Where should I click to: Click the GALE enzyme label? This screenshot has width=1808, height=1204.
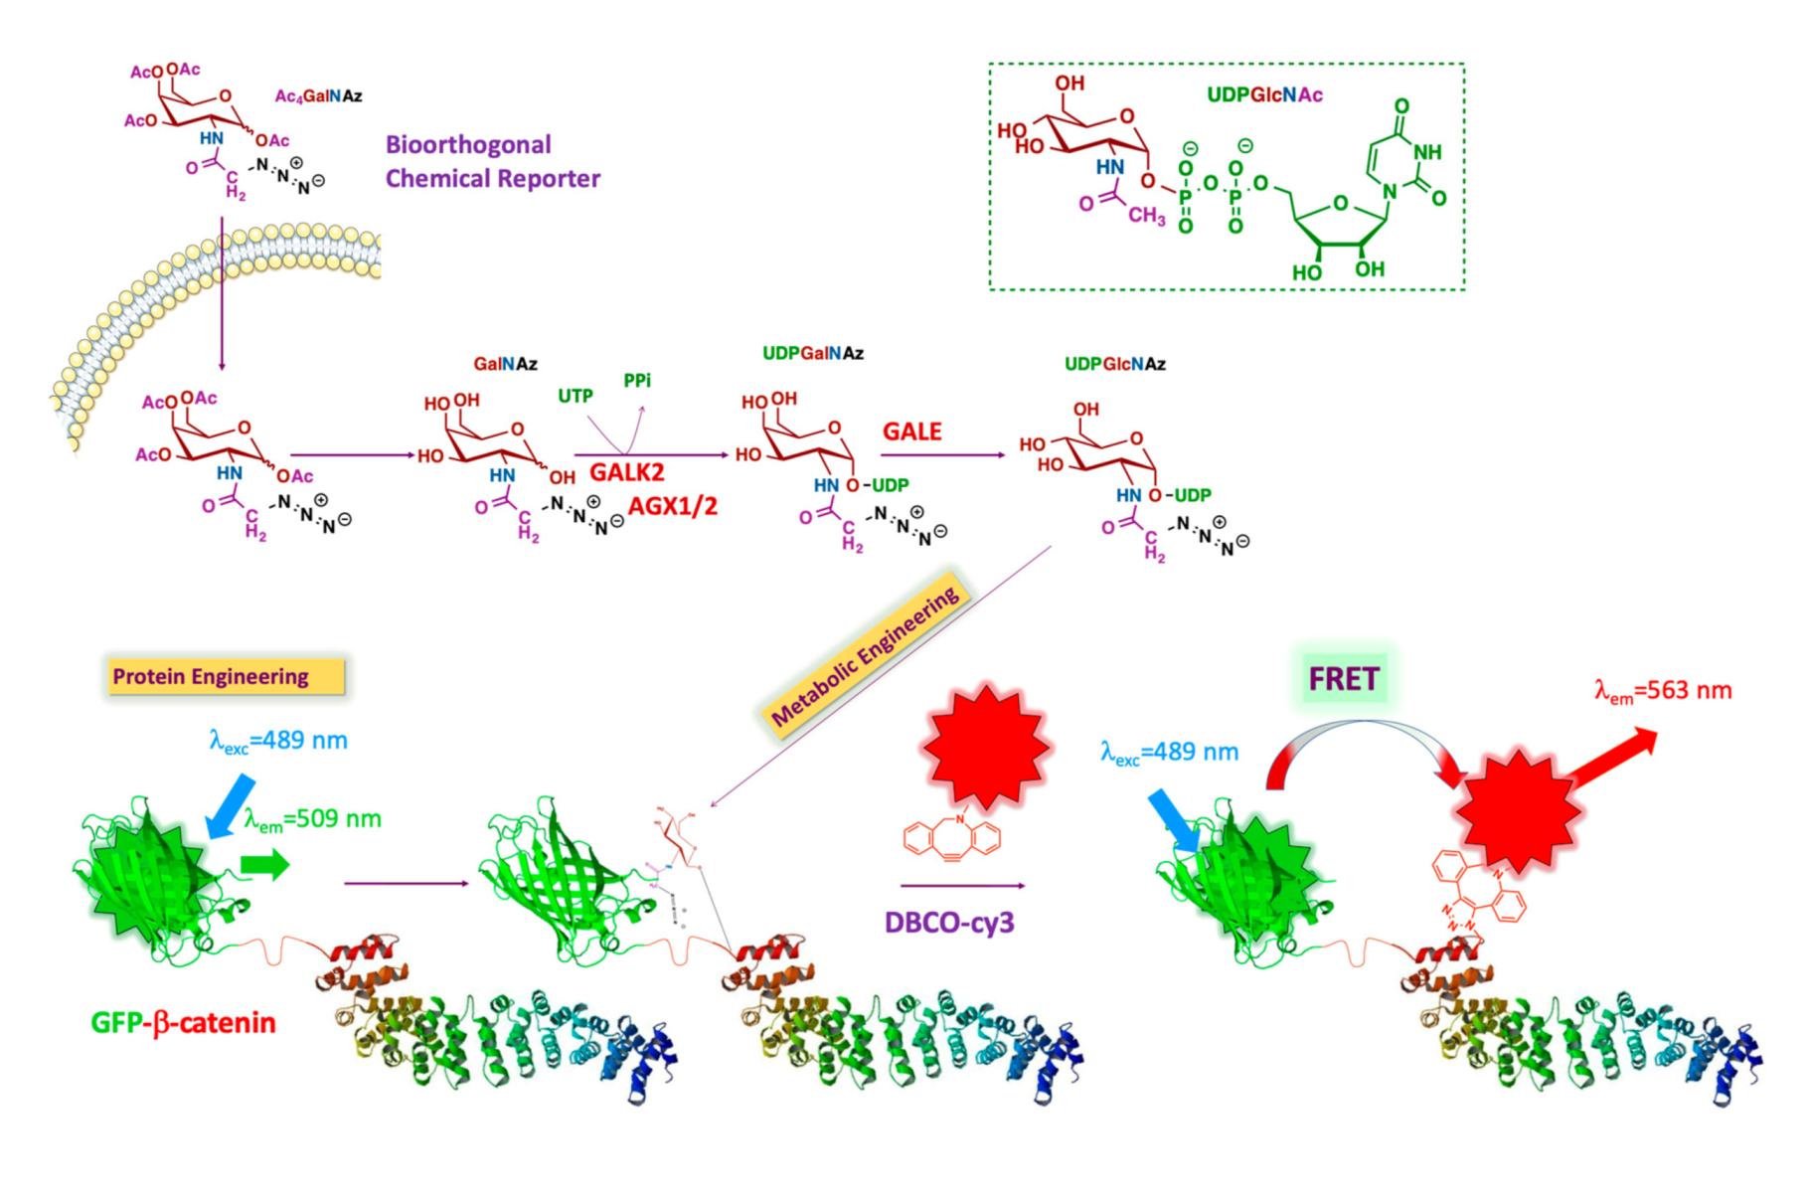pyautogui.click(x=911, y=431)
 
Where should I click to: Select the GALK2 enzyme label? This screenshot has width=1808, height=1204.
pyautogui.click(x=626, y=472)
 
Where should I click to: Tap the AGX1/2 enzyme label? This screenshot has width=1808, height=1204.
pyautogui.click(x=672, y=506)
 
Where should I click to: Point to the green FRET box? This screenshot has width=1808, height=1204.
pyautogui.click(x=1343, y=679)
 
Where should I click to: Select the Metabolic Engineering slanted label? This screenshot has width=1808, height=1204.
pyautogui.click(x=865, y=655)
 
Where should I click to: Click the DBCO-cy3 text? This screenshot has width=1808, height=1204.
pyautogui.click(x=949, y=923)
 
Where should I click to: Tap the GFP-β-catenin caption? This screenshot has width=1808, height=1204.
pyautogui.click(x=183, y=1023)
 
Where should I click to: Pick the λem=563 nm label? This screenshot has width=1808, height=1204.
pyautogui.click(x=1662, y=691)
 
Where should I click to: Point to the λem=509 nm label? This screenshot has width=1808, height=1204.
pyautogui.click(x=312, y=819)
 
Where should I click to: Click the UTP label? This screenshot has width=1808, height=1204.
pyautogui.click(x=575, y=396)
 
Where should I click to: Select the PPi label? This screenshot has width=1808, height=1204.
pyautogui.click(x=637, y=381)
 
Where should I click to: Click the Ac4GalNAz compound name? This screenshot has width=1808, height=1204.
pyautogui.click(x=318, y=96)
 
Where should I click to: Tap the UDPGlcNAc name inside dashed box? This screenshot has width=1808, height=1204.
pyautogui.click(x=1264, y=95)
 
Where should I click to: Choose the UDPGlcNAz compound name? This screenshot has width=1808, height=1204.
pyautogui.click(x=1114, y=364)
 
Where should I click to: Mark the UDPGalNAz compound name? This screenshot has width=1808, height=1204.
pyautogui.click(x=812, y=353)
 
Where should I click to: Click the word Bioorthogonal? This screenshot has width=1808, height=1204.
pyautogui.click(x=467, y=145)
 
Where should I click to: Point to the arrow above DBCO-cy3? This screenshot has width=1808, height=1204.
pyautogui.click(x=961, y=885)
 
